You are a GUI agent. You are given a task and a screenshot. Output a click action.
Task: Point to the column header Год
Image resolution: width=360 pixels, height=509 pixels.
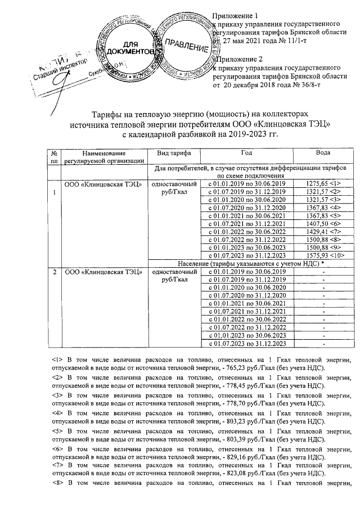click(246, 152)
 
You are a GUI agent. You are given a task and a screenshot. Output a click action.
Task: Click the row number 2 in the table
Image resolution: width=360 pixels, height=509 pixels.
click(55, 272)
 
